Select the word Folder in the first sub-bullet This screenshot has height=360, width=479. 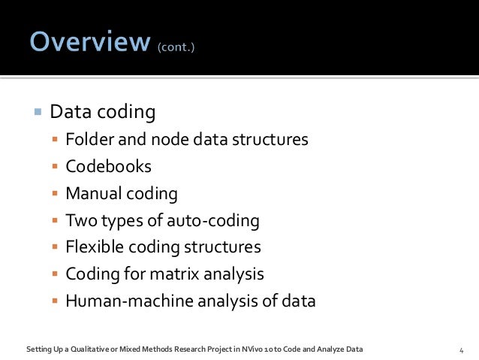pos(87,140)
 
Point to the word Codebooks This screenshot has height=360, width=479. pos(108,167)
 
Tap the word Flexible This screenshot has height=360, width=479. pos(93,247)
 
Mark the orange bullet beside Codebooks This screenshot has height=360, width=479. pos(54,168)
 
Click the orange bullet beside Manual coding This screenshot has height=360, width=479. pos(54,195)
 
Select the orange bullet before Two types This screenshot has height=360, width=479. pos(54,222)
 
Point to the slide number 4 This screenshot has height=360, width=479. pos(461,349)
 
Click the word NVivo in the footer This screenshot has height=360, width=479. pos(274,349)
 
